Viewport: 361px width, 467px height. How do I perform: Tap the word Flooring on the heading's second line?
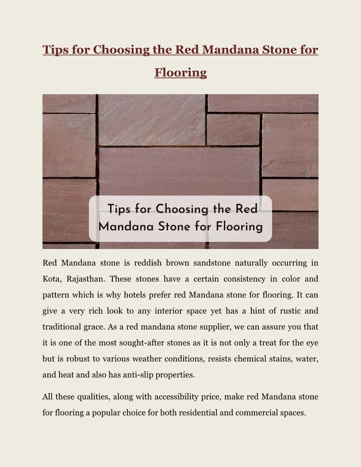point(180,72)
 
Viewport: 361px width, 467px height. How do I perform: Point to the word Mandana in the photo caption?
point(127,227)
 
